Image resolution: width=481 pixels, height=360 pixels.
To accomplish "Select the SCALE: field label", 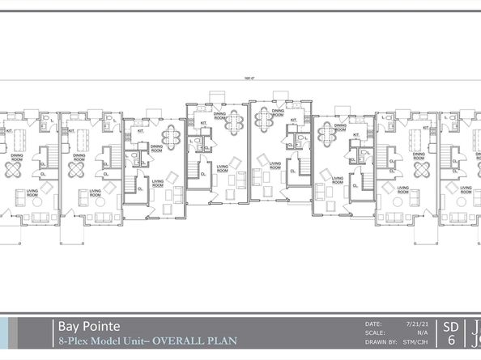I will click(x=377, y=332).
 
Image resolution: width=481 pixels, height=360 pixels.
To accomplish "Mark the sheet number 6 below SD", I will click(x=451, y=342).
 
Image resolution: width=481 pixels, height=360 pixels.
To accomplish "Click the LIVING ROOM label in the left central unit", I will click(x=221, y=169).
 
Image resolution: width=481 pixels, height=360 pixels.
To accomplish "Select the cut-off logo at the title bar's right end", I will click(x=475, y=334).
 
